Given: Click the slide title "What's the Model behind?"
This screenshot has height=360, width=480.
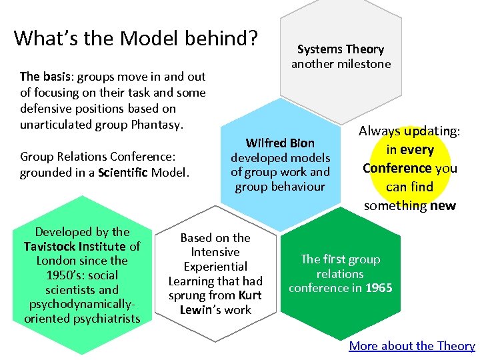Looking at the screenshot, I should (136, 38).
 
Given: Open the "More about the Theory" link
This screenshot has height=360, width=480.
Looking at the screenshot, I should (411, 345).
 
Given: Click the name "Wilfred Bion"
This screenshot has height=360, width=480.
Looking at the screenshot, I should (280, 143).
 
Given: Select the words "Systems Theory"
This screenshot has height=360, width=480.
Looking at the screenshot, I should (340, 49).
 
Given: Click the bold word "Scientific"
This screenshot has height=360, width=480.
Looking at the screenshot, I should (124, 173).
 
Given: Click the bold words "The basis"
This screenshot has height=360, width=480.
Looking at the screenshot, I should (43, 77).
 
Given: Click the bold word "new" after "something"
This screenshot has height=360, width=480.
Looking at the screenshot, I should (443, 205).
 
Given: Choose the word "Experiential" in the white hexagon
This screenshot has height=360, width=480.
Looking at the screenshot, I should (215, 267).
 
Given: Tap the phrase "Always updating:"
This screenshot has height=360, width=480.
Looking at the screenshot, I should (409, 131).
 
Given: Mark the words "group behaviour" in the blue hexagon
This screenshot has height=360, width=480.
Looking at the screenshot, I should (280, 186).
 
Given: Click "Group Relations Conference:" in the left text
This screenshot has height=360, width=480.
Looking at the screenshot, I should (97, 157).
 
